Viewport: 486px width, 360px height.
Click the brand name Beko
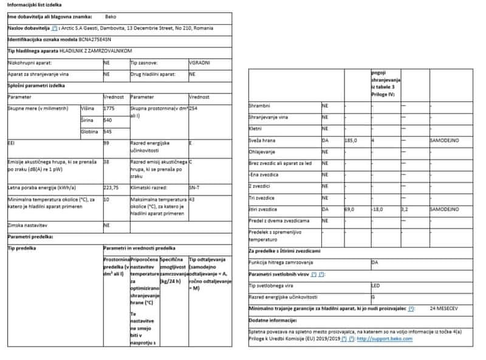coord(111,17)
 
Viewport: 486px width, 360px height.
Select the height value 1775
coord(109,108)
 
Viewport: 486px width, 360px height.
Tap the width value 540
coord(108,120)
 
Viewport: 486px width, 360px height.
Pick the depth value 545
coord(108,132)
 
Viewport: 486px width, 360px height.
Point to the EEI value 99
coord(106,143)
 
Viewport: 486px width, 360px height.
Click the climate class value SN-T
coord(194,188)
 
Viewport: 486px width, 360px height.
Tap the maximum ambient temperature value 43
coord(193,200)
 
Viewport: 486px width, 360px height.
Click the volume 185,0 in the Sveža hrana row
coord(351,140)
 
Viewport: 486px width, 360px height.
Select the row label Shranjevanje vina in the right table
coord(268,117)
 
